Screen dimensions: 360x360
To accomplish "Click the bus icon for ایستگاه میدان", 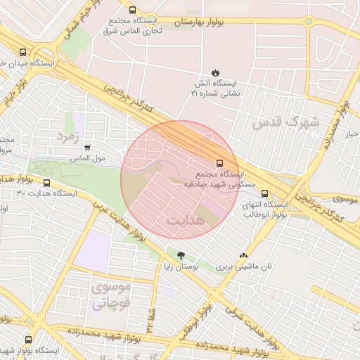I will tap(24, 52).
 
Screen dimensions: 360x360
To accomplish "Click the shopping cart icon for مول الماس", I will tap(87, 148).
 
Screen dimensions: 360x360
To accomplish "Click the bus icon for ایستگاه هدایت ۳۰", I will tap(47, 183).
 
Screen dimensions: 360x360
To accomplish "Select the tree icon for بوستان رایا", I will tap(181, 255).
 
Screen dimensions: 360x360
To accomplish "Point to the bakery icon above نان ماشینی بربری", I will tap(243, 257).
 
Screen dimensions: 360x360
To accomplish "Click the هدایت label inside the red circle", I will tap(186, 220).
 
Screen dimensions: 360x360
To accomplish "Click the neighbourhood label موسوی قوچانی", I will tap(111, 296).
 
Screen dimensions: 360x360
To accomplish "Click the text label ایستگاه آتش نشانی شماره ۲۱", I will tap(217, 87).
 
